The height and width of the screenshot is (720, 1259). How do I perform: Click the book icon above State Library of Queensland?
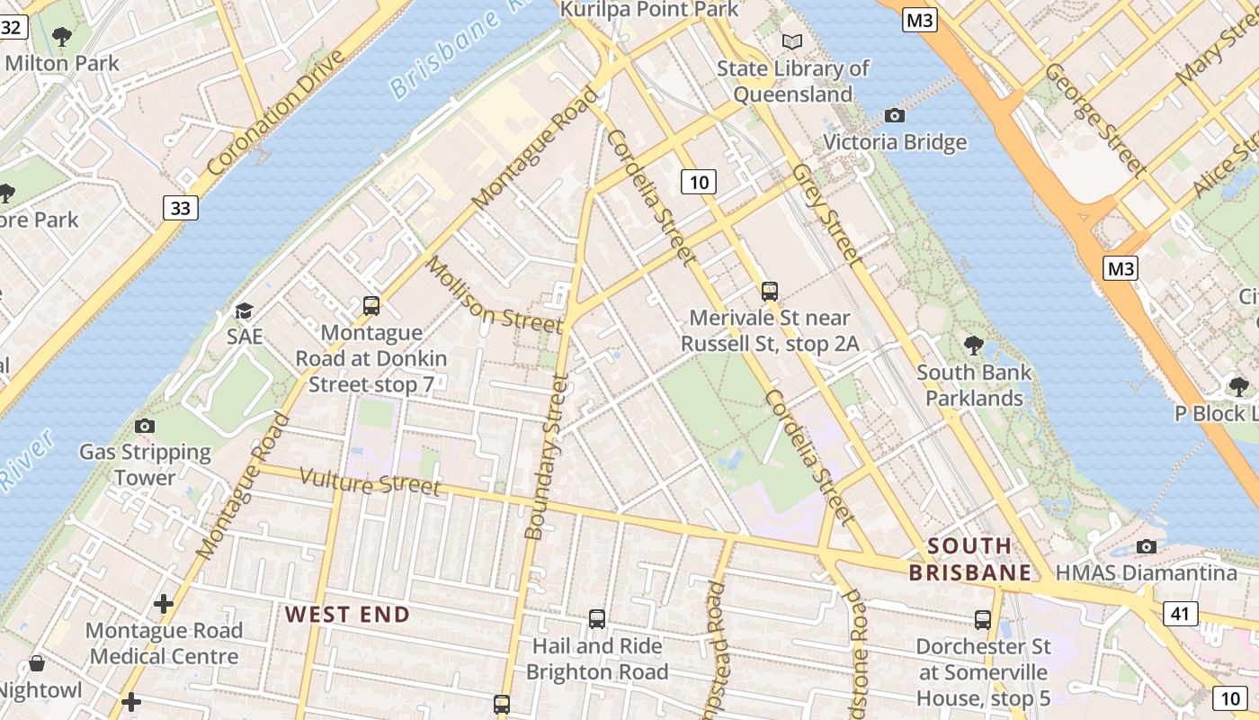(x=792, y=41)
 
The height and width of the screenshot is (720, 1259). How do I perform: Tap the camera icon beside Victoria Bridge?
(x=894, y=115)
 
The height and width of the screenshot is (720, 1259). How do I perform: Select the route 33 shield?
(x=181, y=208)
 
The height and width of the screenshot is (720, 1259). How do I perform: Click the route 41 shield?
(x=1180, y=614)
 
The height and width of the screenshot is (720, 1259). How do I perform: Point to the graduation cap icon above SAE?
(x=244, y=311)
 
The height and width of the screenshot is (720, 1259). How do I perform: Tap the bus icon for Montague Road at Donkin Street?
(x=371, y=306)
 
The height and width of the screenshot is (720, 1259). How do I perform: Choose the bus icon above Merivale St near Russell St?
(x=770, y=291)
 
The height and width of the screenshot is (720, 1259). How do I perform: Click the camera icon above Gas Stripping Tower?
(x=144, y=426)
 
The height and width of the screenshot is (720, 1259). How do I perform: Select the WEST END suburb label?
(x=347, y=615)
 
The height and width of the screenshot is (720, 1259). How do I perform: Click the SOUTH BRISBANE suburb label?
(x=969, y=559)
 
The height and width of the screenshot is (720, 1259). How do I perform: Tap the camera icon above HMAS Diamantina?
(x=1146, y=546)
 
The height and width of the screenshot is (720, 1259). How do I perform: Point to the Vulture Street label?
(x=370, y=482)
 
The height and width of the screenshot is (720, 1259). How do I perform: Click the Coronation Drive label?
(x=276, y=112)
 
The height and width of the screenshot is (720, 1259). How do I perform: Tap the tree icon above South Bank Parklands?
(x=973, y=345)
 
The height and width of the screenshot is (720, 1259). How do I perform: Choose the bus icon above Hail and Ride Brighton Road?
(x=596, y=619)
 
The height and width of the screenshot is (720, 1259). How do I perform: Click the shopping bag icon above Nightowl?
(x=37, y=664)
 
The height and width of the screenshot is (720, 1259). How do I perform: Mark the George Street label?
(x=1095, y=118)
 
